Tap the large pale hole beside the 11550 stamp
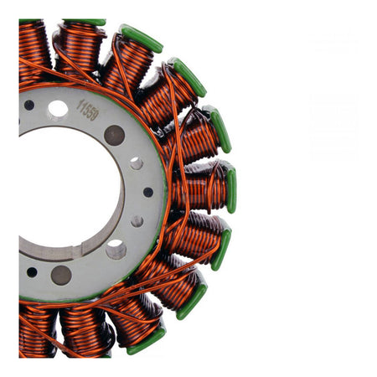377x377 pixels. pyautogui.click(x=58, y=108)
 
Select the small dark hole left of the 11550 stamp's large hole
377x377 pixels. pyautogui.click(x=29, y=106)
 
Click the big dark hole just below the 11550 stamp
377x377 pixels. pyautogui.click(x=114, y=135)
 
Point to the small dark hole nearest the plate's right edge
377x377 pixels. pyautogui.click(x=148, y=192)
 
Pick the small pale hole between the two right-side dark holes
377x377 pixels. pyautogui.click(x=136, y=163)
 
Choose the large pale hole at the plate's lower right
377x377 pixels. pyautogui.click(x=116, y=249)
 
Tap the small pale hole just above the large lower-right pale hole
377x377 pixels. pyautogui.click(x=137, y=221)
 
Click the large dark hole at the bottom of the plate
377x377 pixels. pyautogui.click(x=61, y=275)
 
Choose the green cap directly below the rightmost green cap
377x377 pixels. pyautogui.click(x=221, y=250)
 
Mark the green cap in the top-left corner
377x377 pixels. pyautogui.click(x=30, y=21)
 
